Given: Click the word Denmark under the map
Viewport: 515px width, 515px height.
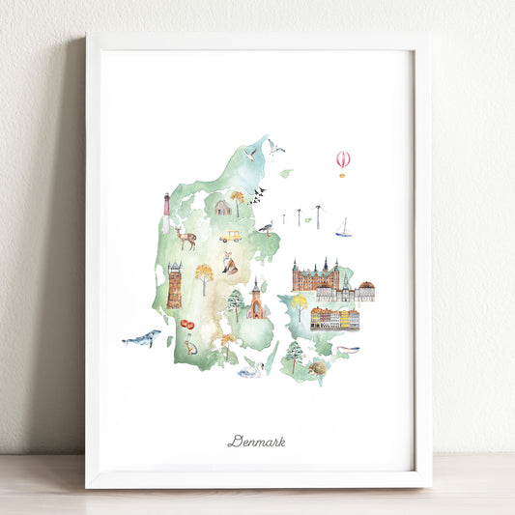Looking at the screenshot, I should click(256, 442).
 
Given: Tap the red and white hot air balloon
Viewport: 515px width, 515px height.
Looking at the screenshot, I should click(343, 160).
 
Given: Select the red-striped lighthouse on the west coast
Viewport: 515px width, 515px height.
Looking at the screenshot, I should click(166, 207).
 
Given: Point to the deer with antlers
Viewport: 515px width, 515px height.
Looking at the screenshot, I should click(185, 237).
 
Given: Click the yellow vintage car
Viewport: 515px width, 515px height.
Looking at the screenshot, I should click(230, 237).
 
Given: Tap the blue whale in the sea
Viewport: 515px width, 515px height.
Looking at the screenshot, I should click(142, 338).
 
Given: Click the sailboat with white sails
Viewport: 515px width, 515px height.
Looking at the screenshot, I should click(343, 229).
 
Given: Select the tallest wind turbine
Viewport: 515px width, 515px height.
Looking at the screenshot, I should click(318, 214).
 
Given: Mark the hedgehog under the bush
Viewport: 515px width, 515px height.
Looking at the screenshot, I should click(317, 368).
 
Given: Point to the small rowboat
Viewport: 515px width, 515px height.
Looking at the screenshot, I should click(348, 349).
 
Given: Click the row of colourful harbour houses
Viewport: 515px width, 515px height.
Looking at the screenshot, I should click(334, 319).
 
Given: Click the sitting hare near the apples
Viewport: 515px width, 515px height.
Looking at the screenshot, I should click(190, 345).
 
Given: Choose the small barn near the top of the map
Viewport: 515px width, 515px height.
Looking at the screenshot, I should click(222, 207).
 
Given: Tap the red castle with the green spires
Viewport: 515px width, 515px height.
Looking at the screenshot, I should click(315, 276).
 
